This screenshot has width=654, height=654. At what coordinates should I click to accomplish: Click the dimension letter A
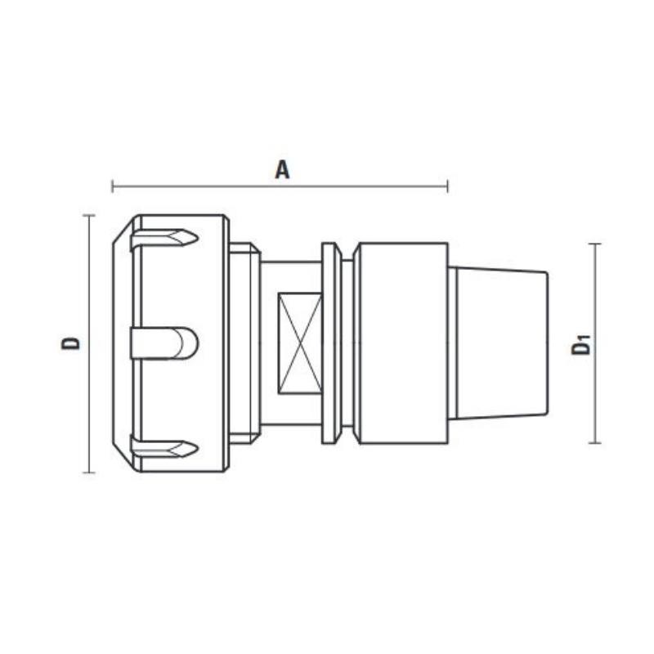click(282, 169)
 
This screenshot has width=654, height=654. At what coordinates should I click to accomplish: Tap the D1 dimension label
click(581, 344)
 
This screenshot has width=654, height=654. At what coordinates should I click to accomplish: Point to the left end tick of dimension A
click(112, 186)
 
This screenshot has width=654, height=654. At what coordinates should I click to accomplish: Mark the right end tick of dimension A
click(447, 186)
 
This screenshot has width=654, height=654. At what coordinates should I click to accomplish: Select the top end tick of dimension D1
click(594, 244)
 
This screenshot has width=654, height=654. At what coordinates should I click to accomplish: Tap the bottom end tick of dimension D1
click(594, 443)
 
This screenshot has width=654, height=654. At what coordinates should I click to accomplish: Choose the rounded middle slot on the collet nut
click(164, 343)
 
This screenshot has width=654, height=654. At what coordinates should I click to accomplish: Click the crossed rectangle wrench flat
click(299, 343)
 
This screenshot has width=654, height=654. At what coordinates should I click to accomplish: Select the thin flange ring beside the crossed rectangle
click(331, 343)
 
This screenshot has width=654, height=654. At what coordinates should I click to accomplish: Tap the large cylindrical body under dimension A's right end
click(401, 343)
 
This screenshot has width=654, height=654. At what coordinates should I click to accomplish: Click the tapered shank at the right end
click(500, 343)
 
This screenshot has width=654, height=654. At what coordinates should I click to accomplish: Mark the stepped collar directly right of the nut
click(244, 343)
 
